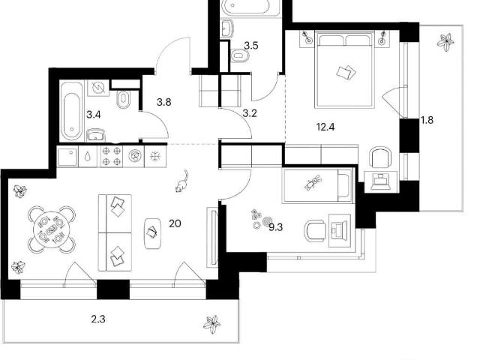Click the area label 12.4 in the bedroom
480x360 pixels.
325,127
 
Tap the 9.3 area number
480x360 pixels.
275,227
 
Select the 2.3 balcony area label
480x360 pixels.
98,319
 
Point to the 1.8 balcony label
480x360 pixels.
427,120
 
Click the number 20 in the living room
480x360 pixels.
175,223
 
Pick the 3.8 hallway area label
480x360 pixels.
163,102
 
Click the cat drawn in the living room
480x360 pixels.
181,181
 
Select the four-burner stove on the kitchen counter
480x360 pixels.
112,157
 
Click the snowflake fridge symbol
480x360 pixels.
155,157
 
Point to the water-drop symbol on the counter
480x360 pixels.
88,157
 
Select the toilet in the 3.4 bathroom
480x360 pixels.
124,99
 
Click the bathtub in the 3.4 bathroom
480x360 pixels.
71,112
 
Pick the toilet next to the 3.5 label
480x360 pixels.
240,55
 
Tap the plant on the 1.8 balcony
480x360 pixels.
445,41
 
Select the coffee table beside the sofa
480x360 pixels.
152,233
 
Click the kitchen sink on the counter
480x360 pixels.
67,157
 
